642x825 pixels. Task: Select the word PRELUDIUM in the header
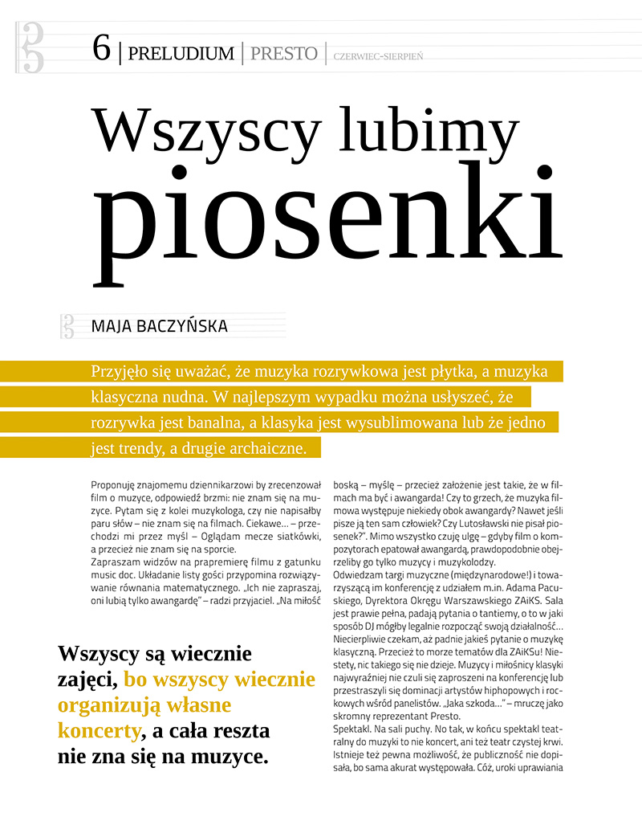181,54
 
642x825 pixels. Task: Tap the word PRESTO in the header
283,54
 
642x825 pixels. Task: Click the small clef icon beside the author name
67,325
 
